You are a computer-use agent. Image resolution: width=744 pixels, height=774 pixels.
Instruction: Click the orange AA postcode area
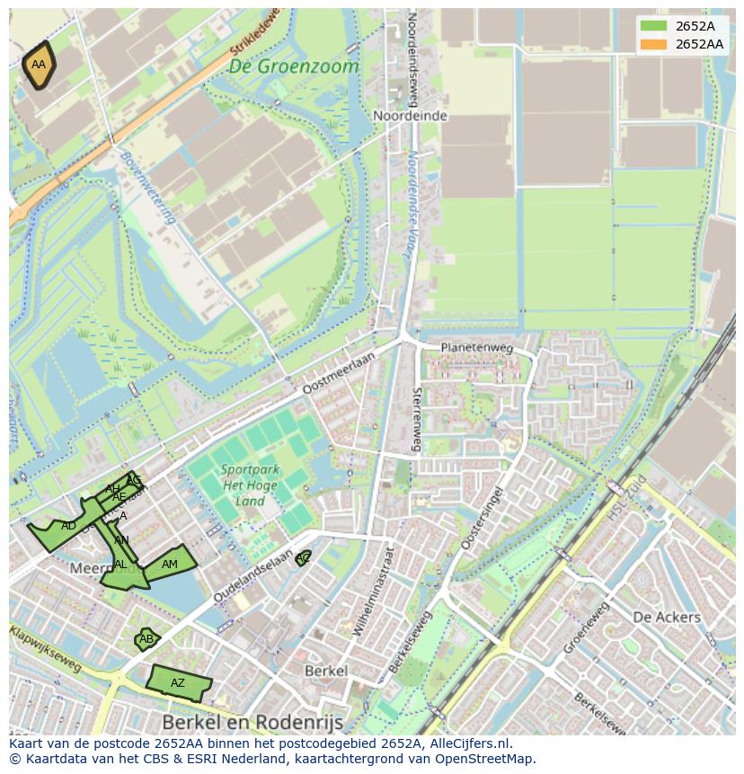coord(39,66)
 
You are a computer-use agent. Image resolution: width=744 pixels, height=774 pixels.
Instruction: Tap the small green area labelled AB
coord(146,640)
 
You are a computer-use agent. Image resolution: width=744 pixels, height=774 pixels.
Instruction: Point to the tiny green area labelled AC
coord(304,558)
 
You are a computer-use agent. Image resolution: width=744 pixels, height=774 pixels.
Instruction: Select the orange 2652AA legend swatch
coord(653,44)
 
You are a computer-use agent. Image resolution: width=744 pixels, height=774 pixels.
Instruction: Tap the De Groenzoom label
coord(293,67)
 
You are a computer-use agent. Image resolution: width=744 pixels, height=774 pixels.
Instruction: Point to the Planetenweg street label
coord(475,348)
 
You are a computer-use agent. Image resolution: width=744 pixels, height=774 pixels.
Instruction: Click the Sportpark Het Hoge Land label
coord(251,485)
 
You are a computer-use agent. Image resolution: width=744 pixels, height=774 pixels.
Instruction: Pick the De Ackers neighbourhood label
coord(666,618)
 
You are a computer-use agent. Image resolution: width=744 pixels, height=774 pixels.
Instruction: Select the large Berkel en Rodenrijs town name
coord(253,722)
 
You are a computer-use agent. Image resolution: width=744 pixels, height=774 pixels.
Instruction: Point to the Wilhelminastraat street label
coord(374,592)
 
